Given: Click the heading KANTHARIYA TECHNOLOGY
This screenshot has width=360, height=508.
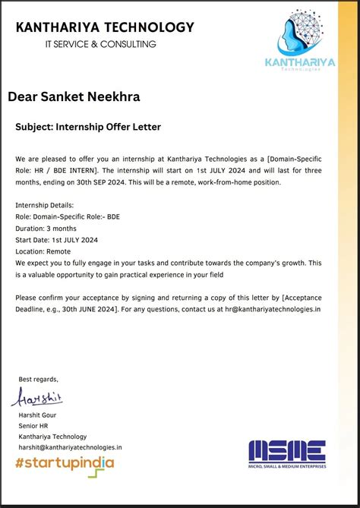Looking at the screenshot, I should [x=105, y=28].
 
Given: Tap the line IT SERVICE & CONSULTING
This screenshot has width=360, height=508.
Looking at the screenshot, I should [x=100, y=44].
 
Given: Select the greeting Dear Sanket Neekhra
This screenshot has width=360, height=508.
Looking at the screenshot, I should [x=74, y=97].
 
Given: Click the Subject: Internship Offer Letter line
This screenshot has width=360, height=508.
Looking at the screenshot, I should [x=88, y=126].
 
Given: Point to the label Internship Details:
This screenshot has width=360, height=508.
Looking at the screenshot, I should [x=45, y=206].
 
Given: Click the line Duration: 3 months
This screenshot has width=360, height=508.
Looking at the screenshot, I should [x=46, y=229].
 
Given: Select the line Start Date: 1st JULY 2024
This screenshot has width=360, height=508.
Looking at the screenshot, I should [x=56, y=240].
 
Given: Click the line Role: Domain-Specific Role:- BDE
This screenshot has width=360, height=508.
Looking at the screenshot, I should [x=67, y=217].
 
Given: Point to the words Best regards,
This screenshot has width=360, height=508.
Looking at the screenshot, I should [x=38, y=379].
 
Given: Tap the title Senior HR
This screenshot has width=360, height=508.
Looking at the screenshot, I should [x=33, y=426].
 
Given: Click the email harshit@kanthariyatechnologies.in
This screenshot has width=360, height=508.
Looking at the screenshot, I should [x=70, y=448].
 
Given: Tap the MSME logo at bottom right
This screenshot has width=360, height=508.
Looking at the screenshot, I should [x=287, y=454].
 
